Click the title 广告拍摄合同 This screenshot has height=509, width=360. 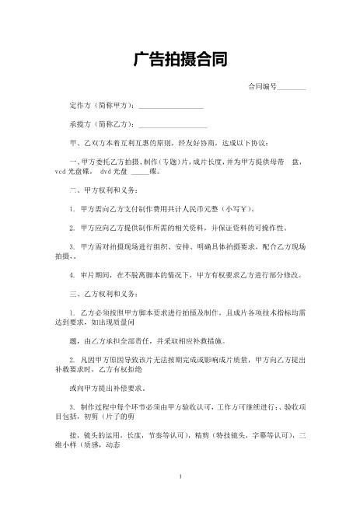tap(180, 61)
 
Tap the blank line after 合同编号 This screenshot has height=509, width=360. tap(292, 87)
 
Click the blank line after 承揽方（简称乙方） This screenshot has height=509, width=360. tap(173, 125)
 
